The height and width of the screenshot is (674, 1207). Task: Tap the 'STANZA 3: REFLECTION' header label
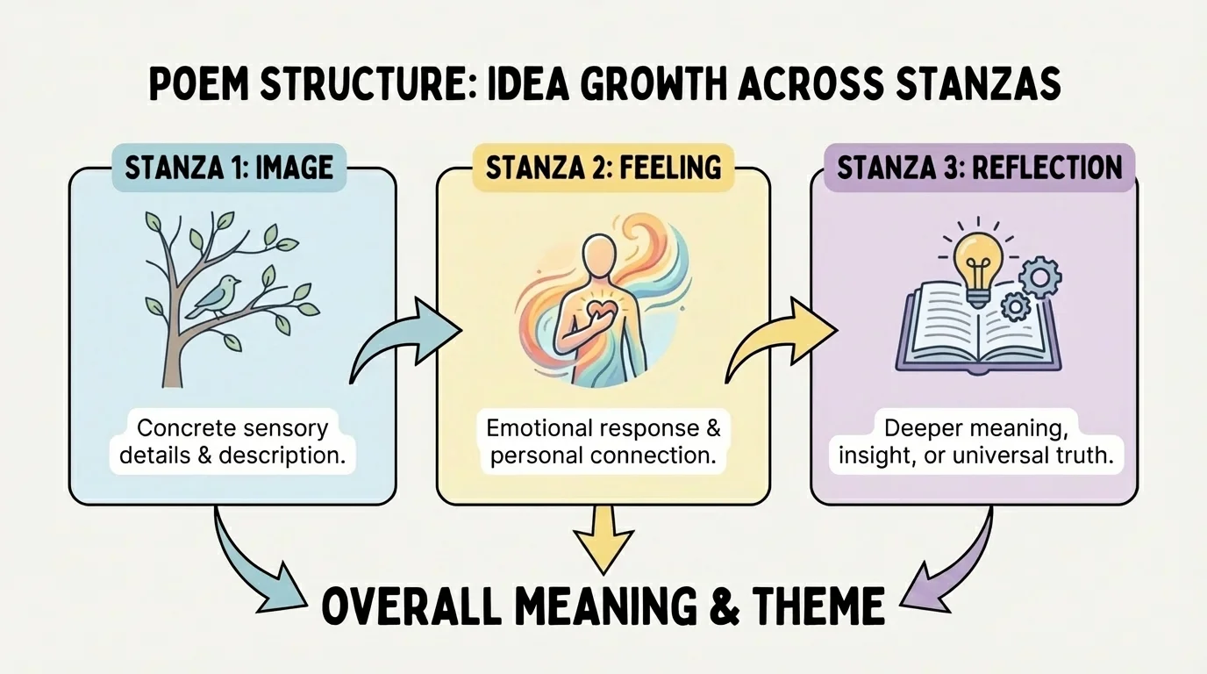pos(979,168)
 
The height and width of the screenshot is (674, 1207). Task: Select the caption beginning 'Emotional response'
pos(603,442)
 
